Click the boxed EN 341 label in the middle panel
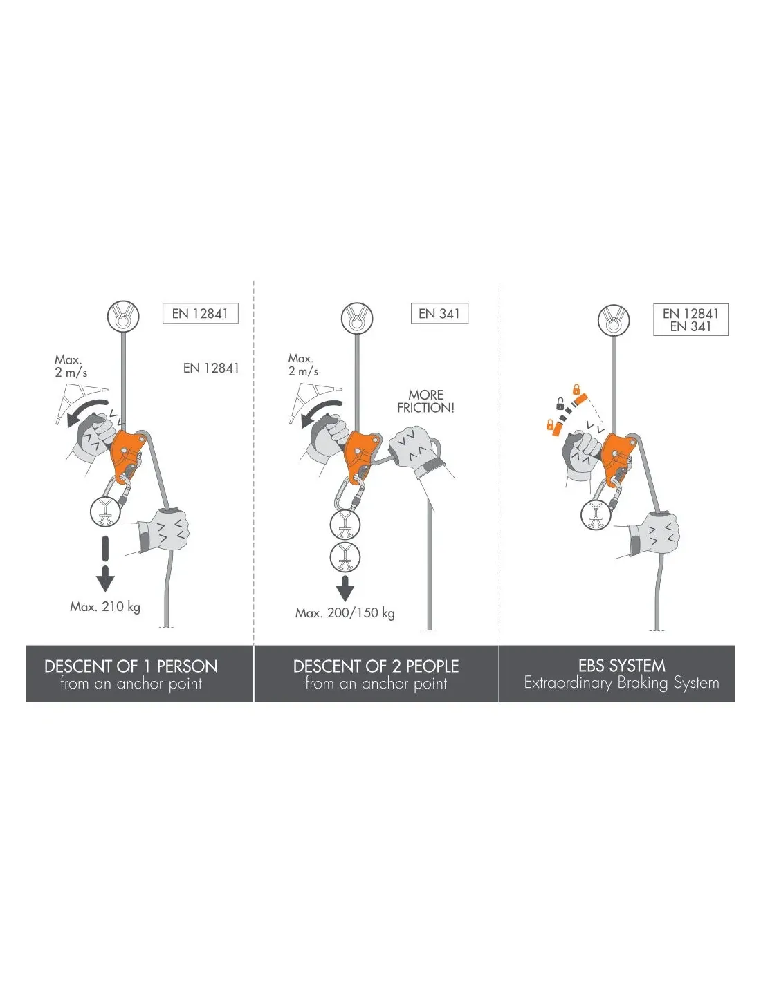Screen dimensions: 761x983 point(439,313)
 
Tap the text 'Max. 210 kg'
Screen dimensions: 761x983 point(105,607)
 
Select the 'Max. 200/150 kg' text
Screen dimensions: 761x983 point(345,613)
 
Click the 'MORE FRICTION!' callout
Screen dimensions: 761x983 point(425,401)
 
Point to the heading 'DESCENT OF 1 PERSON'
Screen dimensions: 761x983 point(131,666)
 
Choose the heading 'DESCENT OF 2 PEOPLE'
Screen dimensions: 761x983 point(376,666)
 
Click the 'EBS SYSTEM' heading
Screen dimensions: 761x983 point(621,666)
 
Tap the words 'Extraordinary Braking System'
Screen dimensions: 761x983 point(621,682)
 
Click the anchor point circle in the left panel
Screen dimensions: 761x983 point(123,316)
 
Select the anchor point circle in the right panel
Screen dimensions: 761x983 point(614,319)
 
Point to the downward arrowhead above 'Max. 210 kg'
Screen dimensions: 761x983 point(105,583)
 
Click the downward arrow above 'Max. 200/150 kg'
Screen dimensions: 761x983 point(345,588)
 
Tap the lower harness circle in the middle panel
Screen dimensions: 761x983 point(345,556)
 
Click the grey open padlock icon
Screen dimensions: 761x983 point(560,404)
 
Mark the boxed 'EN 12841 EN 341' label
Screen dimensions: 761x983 point(691,320)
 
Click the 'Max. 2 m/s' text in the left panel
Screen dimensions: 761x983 point(71,366)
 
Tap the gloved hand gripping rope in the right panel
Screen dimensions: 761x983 point(652,534)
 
